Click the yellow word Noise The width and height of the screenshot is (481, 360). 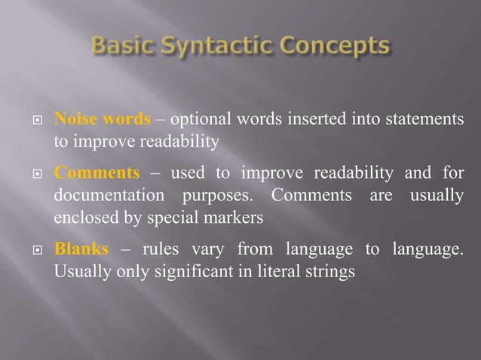click(x=74, y=120)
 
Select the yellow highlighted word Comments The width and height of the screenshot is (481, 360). click(x=97, y=174)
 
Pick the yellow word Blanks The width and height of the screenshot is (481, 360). click(x=81, y=249)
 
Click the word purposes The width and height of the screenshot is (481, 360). click(x=218, y=196)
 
